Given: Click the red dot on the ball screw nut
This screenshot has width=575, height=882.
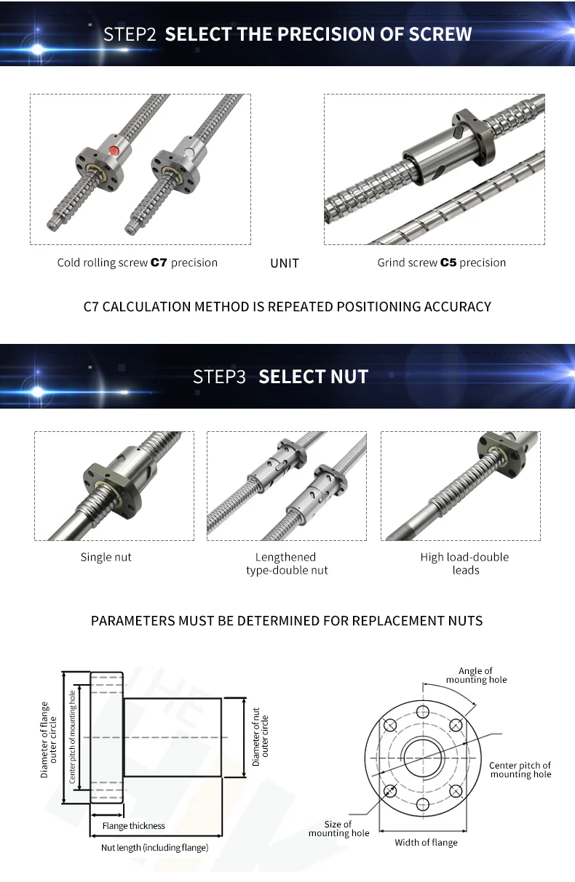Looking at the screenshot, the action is click(114, 150).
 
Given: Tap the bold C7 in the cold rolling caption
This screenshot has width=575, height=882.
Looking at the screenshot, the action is click(159, 262).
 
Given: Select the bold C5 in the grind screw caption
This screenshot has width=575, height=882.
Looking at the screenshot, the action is click(448, 262).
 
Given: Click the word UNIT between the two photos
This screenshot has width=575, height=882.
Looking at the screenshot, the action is click(285, 263).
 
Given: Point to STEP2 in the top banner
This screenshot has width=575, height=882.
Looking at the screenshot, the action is click(130, 34).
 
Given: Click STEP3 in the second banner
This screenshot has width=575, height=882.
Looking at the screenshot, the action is click(219, 377).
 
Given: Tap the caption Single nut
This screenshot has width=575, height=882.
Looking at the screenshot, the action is click(106, 557).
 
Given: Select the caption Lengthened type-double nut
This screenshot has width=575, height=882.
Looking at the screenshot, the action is click(287, 564).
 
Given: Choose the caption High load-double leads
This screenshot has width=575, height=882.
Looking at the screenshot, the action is click(464, 564).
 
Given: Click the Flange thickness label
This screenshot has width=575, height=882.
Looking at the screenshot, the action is click(134, 826).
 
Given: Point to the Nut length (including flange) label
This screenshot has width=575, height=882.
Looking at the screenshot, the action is click(154, 847).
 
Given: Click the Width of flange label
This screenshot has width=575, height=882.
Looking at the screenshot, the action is click(426, 842).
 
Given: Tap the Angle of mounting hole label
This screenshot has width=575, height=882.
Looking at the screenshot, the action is click(476, 675).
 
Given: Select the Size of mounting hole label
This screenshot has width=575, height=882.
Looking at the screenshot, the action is click(338, 828).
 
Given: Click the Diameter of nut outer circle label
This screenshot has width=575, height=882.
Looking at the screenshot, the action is click(260, 737).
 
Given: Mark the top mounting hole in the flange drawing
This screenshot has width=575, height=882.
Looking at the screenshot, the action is click(423, 712).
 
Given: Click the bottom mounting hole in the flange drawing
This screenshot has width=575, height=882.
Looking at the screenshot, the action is click(423, 804).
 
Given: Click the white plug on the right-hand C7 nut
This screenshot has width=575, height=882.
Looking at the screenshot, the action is click(189, 152).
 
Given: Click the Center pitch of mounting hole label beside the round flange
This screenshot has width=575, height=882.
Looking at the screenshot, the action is click(520, 770).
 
